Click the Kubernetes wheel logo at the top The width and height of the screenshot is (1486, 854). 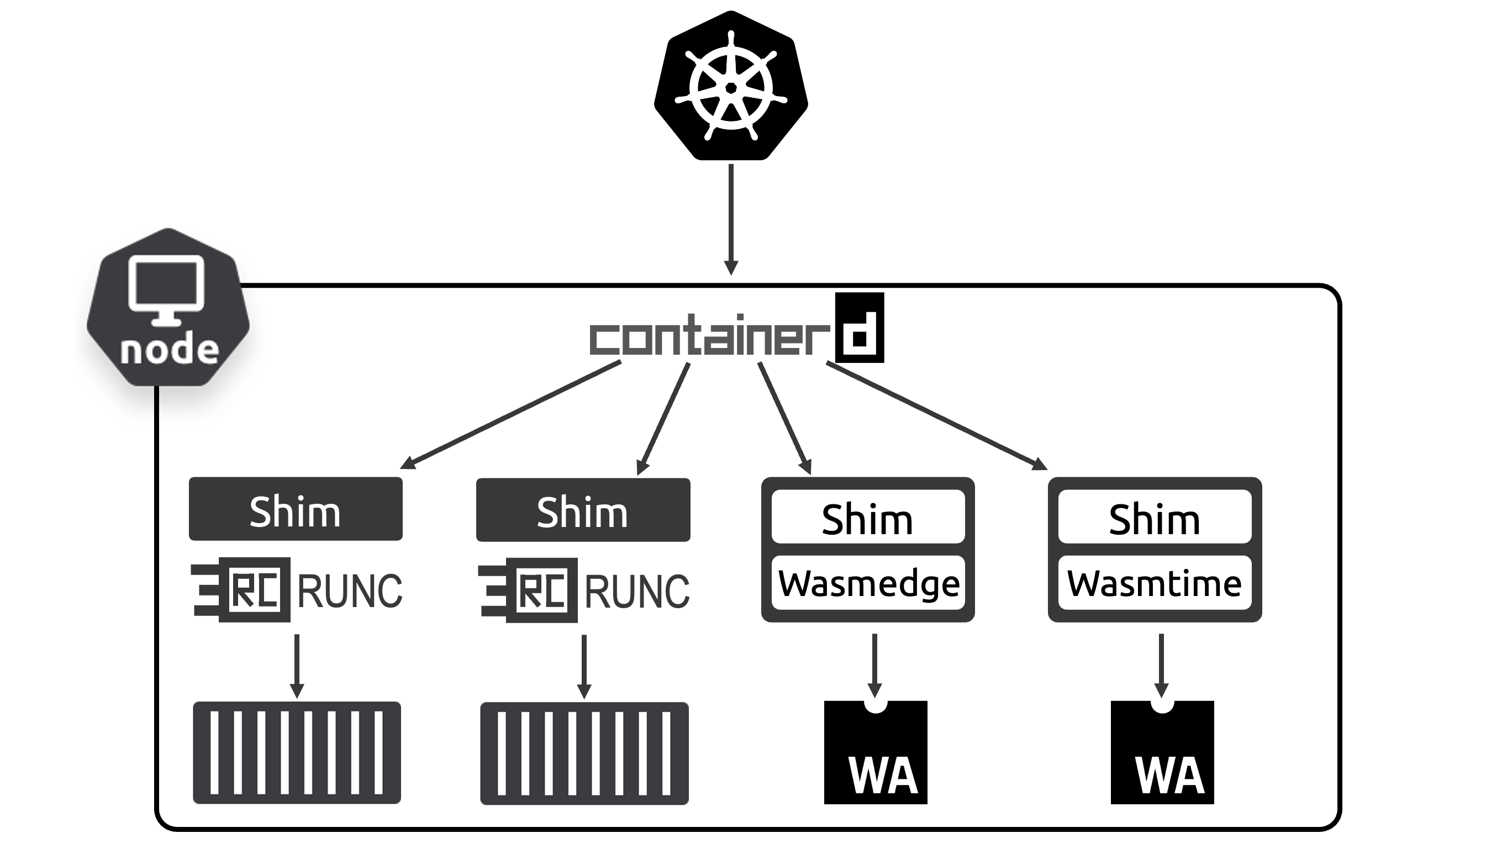pos(731,87)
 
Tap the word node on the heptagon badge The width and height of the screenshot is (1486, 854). pos(170,350)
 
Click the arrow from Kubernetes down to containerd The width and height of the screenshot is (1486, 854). pos(731,217)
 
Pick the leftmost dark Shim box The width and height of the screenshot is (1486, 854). pos(296,509)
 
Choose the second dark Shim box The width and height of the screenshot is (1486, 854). pos(583,510)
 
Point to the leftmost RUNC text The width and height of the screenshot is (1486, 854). pos(350,591)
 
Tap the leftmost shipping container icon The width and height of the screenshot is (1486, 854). pos(297,752)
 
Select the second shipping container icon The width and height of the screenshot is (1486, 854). pos(584,753)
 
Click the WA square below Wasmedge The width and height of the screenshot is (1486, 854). pos(876,753)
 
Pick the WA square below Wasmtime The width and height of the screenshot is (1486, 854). pos(1162,753)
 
